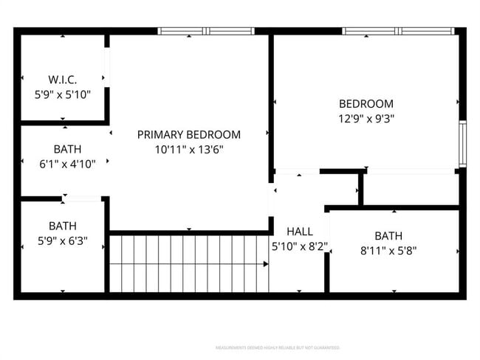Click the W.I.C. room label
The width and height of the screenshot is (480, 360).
[63, 79]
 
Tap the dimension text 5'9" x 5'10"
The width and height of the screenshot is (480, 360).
[63, 94]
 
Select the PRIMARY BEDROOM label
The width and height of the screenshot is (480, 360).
[189, 134]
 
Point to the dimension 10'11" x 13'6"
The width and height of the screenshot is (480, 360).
[189, 150]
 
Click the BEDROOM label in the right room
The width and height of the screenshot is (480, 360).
[366, 104]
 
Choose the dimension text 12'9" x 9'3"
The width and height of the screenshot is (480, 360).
[366, 119]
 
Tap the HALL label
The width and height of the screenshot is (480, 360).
[299, 231]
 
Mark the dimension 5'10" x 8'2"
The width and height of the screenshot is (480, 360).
[299, 246]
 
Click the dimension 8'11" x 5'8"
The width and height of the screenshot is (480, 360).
[388, 250]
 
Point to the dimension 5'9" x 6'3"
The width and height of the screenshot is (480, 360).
[63, 240]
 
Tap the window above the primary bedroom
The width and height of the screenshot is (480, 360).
[207, 32]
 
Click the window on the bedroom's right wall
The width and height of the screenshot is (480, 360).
[462, 144]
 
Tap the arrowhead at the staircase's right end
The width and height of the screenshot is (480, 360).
[265, 263]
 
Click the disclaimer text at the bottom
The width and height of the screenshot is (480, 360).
[277, 347]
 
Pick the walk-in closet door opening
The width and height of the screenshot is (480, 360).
[107, 69]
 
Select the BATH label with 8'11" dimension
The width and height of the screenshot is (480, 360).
[388, 235]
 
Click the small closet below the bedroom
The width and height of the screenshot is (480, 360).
[410, 189]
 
